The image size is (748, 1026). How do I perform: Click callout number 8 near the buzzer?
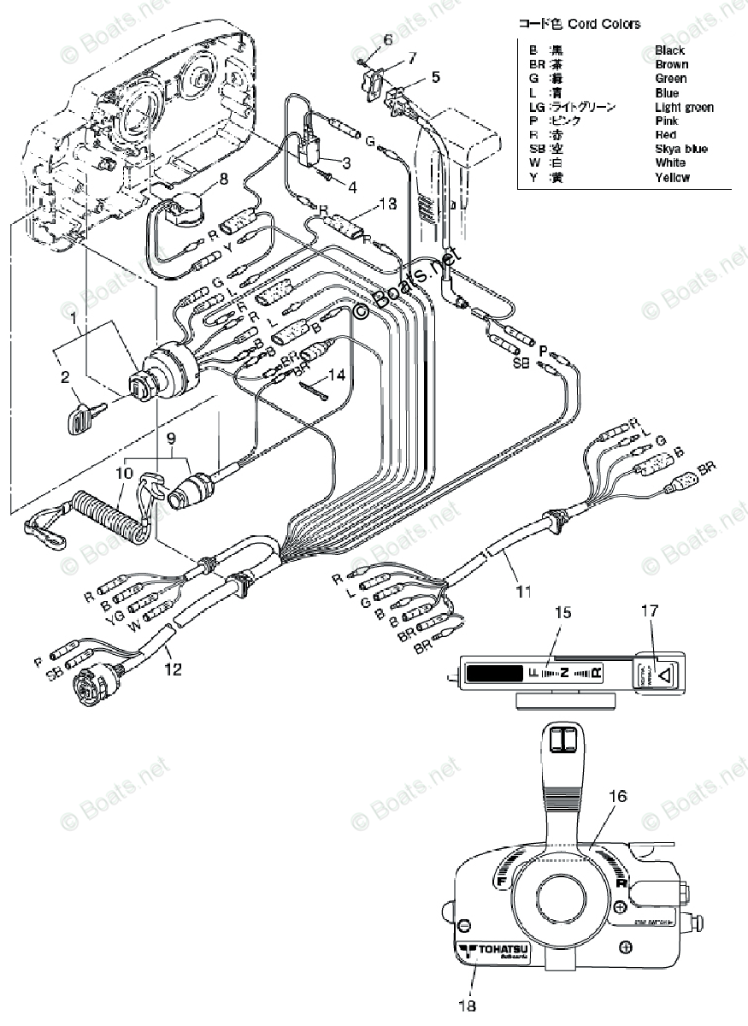(x=223, y=179)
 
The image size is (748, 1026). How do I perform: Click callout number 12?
(x=174, y=670)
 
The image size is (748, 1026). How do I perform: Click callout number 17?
(x=651, y=610)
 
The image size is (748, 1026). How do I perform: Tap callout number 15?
(x=560, y=613)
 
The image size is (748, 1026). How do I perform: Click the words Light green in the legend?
(x=684, y=107)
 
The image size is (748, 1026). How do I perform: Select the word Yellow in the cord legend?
(x=672, y=178)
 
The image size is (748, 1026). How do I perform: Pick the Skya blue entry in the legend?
(x=680, y=149)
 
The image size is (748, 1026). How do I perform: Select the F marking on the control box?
(x=502, y=880)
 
